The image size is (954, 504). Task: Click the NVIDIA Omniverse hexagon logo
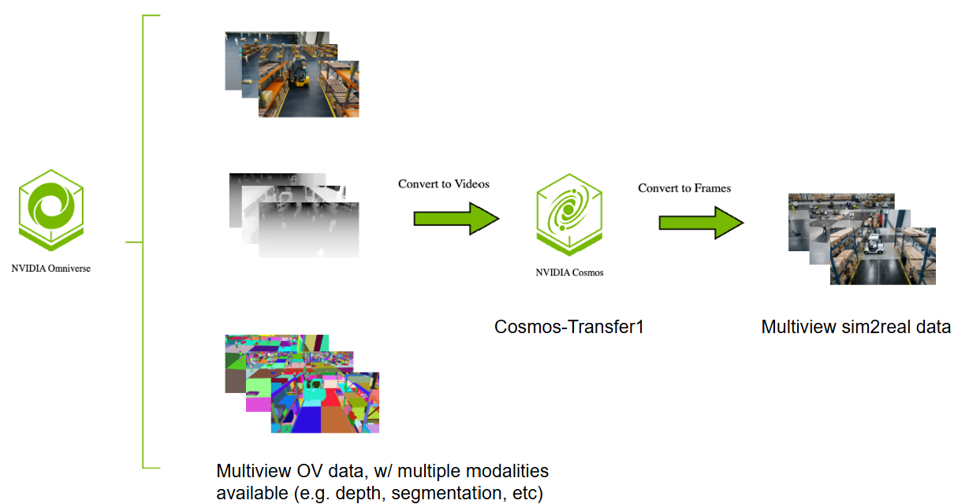(x=51, y=206)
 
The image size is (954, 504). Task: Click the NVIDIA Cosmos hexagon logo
(x=568, y=215)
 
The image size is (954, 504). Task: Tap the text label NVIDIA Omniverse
(x=51, y=269)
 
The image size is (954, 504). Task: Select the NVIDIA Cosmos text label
(x=569, y=273)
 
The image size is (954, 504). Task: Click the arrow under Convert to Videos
(x=457, y=218)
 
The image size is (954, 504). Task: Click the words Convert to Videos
(x=443, y=184)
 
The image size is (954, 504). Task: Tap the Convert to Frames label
(x=684, y=188)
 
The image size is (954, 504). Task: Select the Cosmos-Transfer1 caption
(x=568, y=326)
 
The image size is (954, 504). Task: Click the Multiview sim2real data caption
(x=855, y=326)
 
